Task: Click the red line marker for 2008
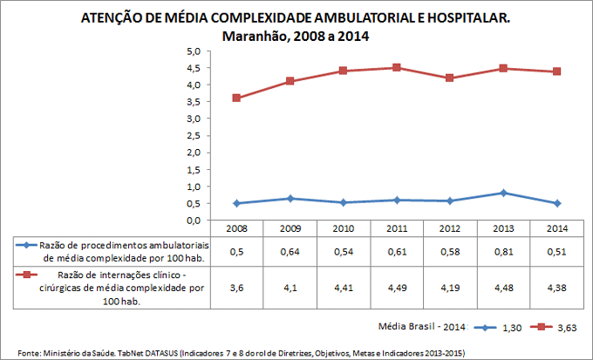[236, 98]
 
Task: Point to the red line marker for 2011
[397, 67]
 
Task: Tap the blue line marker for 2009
[290, 199]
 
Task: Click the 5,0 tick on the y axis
[194, 51]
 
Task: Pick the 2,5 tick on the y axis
[194, 136]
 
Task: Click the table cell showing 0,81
[504, 252]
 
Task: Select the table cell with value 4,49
[397, 287]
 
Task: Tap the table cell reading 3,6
[236, 287]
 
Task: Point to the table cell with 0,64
[290, 252]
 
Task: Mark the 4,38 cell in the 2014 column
[557, 287]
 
